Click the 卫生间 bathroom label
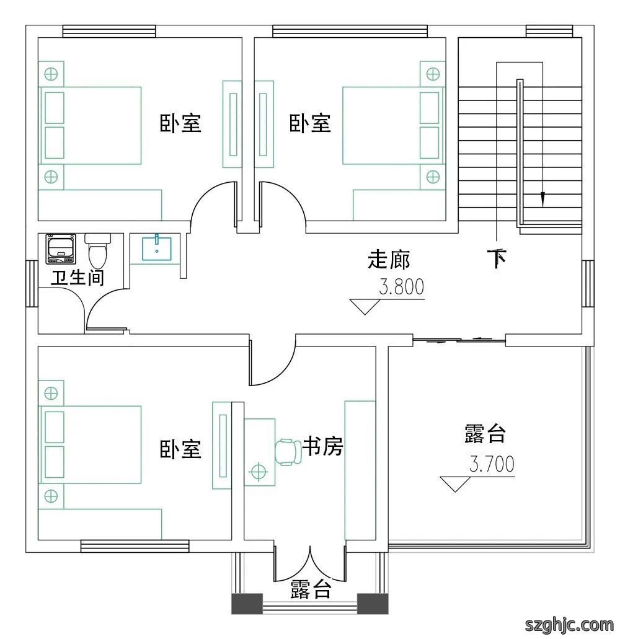click(77, 278)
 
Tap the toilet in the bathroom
click(97, 249)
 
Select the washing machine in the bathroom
click(61, 249)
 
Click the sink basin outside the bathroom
click(156, 248)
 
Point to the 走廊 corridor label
click(389, 260)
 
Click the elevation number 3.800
click(402, 287)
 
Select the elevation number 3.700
click(492, 464)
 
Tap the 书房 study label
click(322, 446)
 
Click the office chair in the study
click(288, 452)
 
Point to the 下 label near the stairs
click(497, 258)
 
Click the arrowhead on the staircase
click(542, 200)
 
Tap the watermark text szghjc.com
click(569, 624)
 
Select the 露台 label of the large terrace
click(485, 434)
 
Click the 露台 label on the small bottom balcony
click(311, 589)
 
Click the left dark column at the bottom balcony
click(247, 604)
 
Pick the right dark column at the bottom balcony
click(373, 604)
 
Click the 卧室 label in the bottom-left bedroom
click(180, 449)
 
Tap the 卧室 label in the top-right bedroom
click(310, 123)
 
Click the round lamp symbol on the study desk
click(258, 472)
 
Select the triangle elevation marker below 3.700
click(455, 484)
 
